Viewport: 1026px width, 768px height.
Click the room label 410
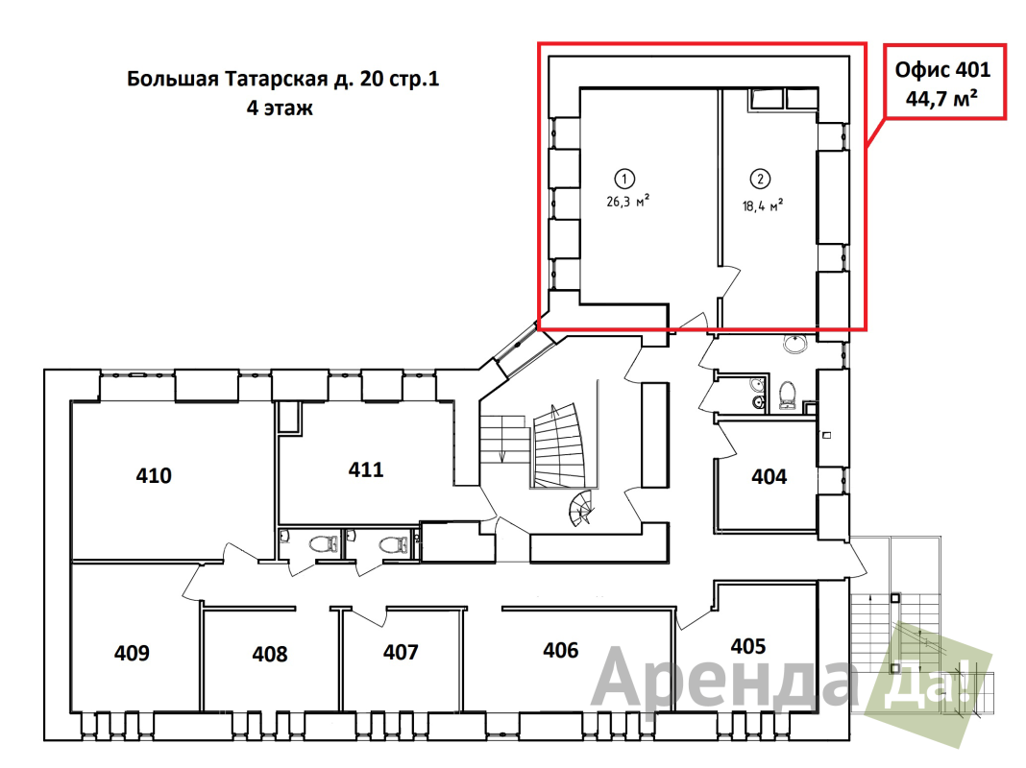pyautogui.click(x=154, y=475)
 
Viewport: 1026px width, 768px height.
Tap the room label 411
pyautogui.click(x=366, y=469)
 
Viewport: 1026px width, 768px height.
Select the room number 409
pyautogui.click(x=132, y=654)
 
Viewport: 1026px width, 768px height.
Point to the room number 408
pyautogui.click(x=270, y=655)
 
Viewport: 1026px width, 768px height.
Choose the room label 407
pyautogui.click(x=401, y=653)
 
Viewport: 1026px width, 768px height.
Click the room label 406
pyautogui.click(x=560, y=651)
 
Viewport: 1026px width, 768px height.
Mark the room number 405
pyautogui.click(x=748, y=646)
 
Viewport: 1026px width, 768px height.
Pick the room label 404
pyautogui.click(x=769, y=476)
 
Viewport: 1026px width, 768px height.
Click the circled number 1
pyautogui.click(x=624, y=178)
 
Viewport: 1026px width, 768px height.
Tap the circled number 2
pyautogui.click(x=761, y=178)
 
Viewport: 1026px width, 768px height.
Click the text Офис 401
pyautogui.click(x=942, y=70)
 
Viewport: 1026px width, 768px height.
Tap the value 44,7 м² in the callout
pyautogui.click(x=942, y=96)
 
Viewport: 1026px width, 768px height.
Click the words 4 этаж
pyautogui.click(x=280, y=108)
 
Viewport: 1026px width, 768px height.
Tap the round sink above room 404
pyautogui.click(x=794, y=343)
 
